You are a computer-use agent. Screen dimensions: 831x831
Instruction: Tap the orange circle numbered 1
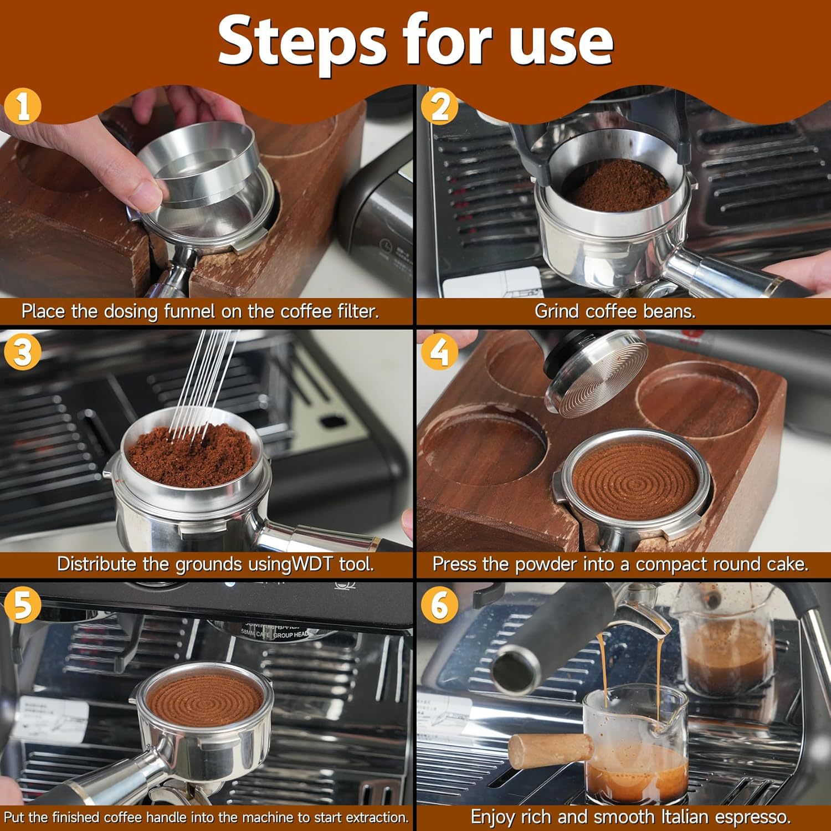tap(23, 106)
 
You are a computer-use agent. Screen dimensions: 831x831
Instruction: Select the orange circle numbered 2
tap(439, 106)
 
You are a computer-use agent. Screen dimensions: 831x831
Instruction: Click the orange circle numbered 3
tap(23, 352)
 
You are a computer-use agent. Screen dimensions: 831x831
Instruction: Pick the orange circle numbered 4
tap(439, 352)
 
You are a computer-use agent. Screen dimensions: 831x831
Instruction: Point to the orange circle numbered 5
tap(23, 605)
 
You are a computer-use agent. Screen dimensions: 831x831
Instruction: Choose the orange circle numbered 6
tap(439, 605)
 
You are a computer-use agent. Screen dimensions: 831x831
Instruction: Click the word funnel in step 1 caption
tap(188, 311)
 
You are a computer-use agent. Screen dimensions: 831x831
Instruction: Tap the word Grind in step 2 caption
tap(557, 311)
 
